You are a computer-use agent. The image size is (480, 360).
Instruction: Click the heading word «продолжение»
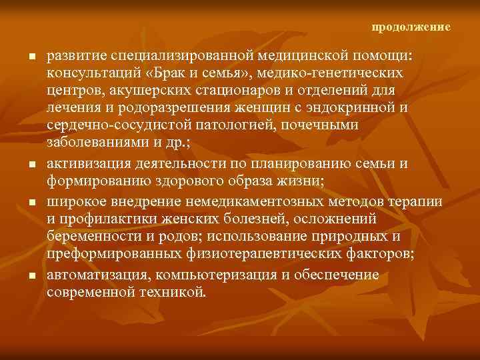[x=411, y=27]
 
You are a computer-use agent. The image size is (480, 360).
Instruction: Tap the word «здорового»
[x=169, y=181]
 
